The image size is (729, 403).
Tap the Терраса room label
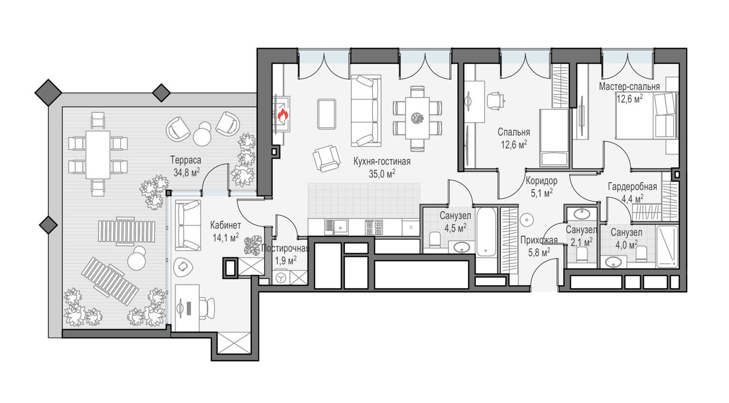186,160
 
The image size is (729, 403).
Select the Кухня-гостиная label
382,162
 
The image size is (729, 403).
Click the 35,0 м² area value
382,173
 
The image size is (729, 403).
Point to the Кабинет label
225,225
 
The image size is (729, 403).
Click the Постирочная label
285,249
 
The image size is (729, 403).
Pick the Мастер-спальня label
629,87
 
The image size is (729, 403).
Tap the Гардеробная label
632,187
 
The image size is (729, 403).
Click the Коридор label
541,181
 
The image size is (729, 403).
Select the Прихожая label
538,240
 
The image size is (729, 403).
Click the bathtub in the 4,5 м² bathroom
486,232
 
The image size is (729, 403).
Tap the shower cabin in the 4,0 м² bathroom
667,246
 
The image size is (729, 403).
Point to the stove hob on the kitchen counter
374,227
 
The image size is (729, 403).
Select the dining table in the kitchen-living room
417,118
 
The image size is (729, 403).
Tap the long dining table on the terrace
98,155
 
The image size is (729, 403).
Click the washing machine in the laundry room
281,278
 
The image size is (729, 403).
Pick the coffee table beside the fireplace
327,114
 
